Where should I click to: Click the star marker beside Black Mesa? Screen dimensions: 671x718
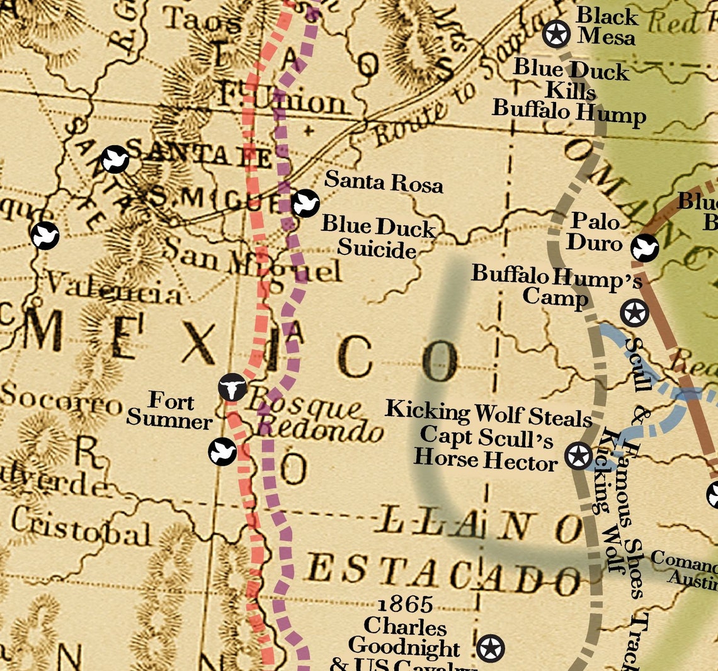click(x=556, y=34)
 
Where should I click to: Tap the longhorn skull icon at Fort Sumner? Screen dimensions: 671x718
click(x=232, y=387)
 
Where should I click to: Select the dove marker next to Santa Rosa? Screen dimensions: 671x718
click(x=305, y=203)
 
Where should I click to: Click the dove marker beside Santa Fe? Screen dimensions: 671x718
click(x=115, y=159)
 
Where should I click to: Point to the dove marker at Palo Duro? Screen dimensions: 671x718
click(x=645, y=247)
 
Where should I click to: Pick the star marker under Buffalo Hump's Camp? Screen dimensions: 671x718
click(x=634, y=313)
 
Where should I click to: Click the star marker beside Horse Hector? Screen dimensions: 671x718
click(x=578, y=455)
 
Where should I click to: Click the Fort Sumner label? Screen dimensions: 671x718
click(x=170, y=410)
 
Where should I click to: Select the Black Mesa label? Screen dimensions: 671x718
click(x=607, y=26)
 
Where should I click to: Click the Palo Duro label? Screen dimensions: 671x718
click(x=595, y=231)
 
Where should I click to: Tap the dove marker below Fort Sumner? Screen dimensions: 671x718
click(x=222, y=451)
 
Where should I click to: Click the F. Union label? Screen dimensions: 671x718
click(x=281, y=101)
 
